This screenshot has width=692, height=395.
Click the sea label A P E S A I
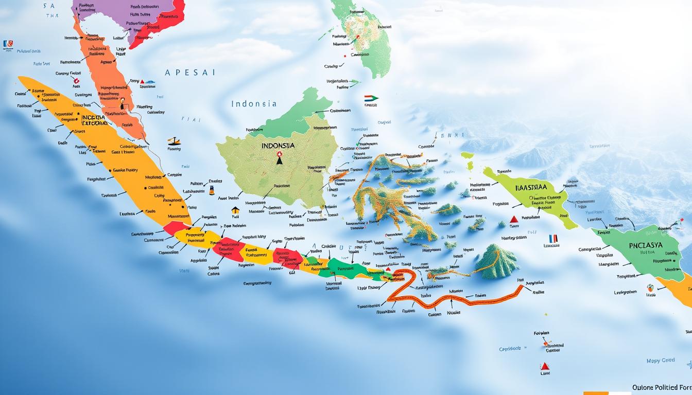pos(190,73)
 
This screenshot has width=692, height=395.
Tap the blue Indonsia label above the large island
pos(254,103)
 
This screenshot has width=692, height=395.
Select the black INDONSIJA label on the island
pos(278,146)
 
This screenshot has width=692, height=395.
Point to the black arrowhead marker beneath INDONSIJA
pos(279,160)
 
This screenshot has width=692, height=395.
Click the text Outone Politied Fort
pos(662,387)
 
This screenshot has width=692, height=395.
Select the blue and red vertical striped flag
pos(553,238)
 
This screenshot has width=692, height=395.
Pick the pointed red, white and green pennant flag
pos(371,98)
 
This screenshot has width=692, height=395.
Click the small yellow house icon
pos(235,209)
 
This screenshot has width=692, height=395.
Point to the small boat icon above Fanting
pos(174,141)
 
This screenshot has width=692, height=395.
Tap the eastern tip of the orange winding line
pos(523,286)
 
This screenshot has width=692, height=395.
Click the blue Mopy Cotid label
pos(660,361)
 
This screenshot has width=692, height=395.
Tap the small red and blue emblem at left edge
pos(8,44)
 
